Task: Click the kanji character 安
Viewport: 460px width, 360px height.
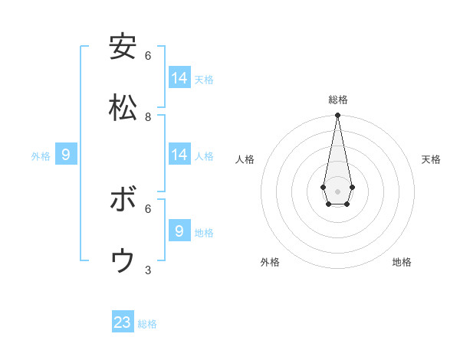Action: coord(123,47)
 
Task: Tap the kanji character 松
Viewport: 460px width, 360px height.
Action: coord(123,108)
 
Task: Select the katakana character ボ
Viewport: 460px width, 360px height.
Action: coord(123,200)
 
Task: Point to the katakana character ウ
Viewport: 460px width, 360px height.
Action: coord(123,261)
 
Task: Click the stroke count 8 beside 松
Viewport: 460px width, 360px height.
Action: coord(148,117)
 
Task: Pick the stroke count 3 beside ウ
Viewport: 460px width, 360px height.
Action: coord(148,270)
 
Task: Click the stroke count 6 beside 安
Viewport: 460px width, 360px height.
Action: coord(148,56)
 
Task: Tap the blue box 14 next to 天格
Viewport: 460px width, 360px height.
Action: coord(179,78)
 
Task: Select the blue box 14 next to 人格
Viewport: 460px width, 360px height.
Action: coord(179,155)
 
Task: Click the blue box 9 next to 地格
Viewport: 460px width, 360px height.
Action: coord(179,231)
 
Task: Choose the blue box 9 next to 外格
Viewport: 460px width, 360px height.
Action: coord(66,155)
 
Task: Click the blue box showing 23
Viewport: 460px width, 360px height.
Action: coord(123,322)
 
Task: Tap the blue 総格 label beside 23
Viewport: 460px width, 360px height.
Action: coord(147,324)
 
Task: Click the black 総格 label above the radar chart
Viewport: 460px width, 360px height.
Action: coord(337,100)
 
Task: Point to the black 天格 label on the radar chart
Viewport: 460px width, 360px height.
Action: coord(431,159)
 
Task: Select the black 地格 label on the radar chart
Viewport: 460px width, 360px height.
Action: coord(402,262)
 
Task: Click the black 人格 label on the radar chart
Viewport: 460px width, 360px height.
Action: coord(245,159)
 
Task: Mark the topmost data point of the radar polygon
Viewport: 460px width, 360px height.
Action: coord(337,116)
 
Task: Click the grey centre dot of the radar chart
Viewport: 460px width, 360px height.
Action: coord(337,191)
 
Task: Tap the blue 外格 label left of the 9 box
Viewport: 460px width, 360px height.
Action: coord(41,156)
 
